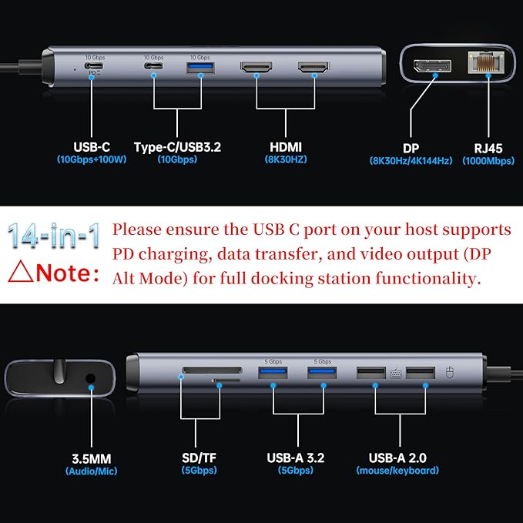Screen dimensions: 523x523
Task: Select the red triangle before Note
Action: coord(20,273)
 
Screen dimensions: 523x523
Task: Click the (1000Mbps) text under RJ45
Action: coord(489,160)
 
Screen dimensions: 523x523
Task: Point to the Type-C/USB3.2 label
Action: coord(177,146)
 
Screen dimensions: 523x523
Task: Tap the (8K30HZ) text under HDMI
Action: coord(285,159)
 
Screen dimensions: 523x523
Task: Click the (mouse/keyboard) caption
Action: coord(397,470)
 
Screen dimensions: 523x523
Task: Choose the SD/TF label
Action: coord(199,458)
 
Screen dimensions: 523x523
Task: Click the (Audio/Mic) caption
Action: coord(92,471)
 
